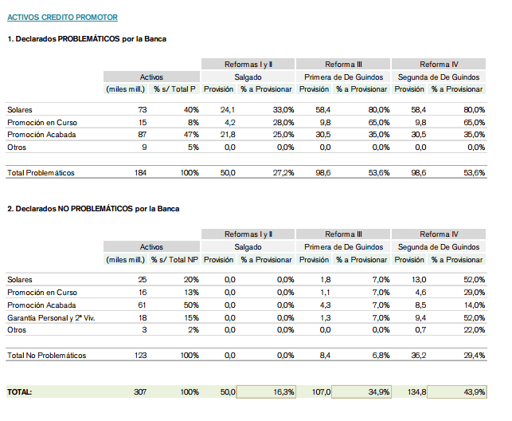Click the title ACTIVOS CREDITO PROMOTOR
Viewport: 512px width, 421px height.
[x=62, y=18]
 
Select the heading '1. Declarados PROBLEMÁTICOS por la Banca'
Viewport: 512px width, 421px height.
[x=87, y=39]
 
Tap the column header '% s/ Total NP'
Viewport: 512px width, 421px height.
[x=174, y=259]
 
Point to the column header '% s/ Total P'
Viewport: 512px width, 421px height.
[x=174, y=89]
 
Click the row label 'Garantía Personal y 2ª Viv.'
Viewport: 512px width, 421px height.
[x=51, y=317]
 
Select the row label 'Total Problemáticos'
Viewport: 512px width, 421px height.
[x=41, y=173]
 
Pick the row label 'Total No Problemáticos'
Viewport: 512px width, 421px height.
[x=47, y=356]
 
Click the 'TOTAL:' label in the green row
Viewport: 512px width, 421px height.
[x=20, y=392]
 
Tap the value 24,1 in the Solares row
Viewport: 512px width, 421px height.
[x=228, y=110]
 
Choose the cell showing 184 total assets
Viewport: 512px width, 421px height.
[x=140, y=173]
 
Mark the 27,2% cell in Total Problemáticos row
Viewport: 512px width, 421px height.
[x=283, y=173]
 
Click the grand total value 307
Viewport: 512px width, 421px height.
[x=140, y=392]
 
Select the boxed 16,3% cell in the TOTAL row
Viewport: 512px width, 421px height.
[x=266, y=392]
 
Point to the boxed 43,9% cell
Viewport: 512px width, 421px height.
[x=457, y=392]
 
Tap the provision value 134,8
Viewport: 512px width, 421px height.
[x=416, y=392]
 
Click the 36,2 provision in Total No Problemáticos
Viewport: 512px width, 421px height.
[x=419, y=356]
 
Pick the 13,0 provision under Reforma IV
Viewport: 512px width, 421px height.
[x=419, y=280]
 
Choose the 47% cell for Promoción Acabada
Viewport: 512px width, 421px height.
[x=191, y=135]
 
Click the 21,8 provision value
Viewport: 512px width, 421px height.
[x=228, y=135]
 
